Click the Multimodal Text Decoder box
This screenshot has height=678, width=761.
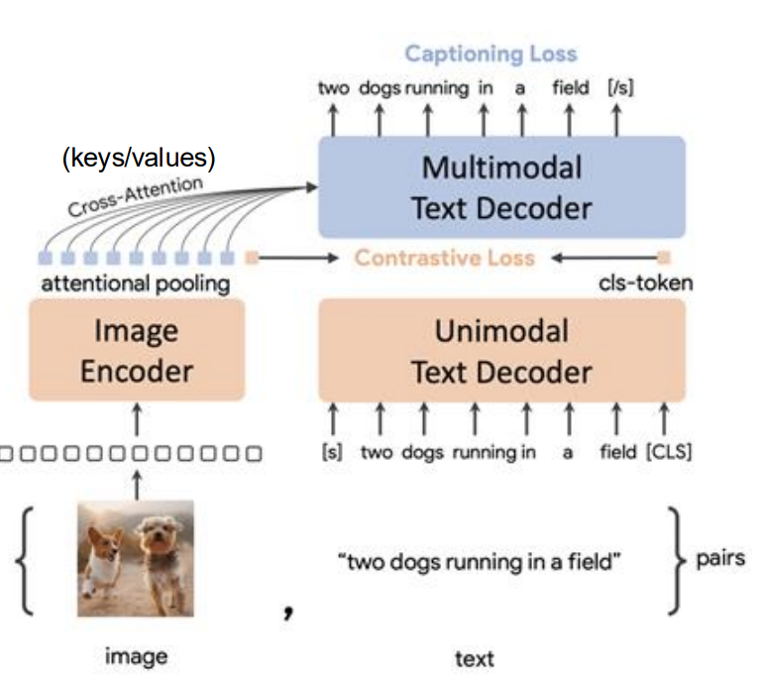501,187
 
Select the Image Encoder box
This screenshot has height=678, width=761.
137,350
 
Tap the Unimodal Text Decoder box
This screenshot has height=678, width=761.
501,351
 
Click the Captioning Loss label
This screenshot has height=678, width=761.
491,54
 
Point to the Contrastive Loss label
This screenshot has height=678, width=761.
445,258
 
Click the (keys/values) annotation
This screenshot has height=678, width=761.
139,158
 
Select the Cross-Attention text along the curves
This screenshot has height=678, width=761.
136,196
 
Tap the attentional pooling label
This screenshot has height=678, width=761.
136,284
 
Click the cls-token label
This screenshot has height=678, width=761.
645,282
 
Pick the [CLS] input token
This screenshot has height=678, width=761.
669,452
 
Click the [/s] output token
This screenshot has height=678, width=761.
620,88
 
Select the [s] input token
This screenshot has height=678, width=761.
333,452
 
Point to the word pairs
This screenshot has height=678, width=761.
720,558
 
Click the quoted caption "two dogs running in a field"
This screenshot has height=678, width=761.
479,562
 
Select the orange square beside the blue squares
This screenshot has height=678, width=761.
252,258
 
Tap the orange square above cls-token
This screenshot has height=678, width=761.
665,258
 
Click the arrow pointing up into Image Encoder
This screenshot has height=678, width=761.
137,419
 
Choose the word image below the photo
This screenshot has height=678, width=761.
137,657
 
